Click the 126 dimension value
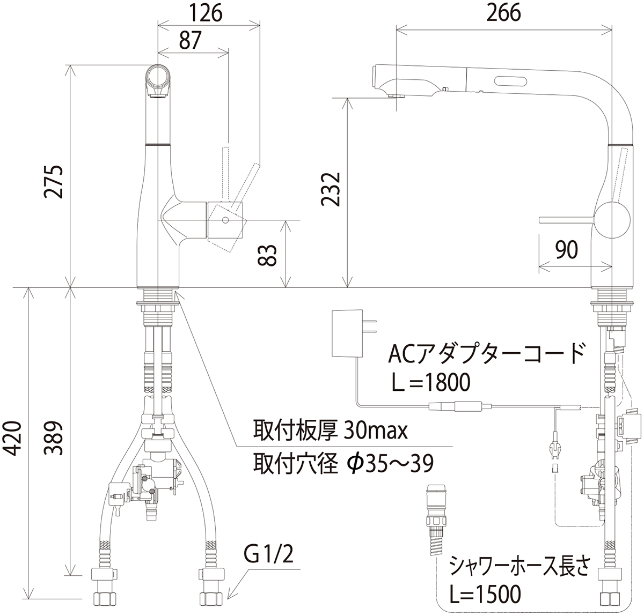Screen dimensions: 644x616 pyautogui.click(x=206, y=13)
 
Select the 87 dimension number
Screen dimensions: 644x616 pyautogui.click(x=191, y=40)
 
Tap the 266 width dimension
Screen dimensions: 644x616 pyautogui.click(x=504, y=13)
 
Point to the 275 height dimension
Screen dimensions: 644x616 pyautogui.click(x=54, y=181)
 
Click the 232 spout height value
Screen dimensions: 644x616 pyautogui.click(x=331, y=189)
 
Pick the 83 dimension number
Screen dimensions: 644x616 pyautogui.click(x=267, y=255)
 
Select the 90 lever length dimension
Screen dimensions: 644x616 pyautogui.click(x=567, y=250)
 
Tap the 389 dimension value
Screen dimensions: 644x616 pyautogui.click(x=54, y=439)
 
